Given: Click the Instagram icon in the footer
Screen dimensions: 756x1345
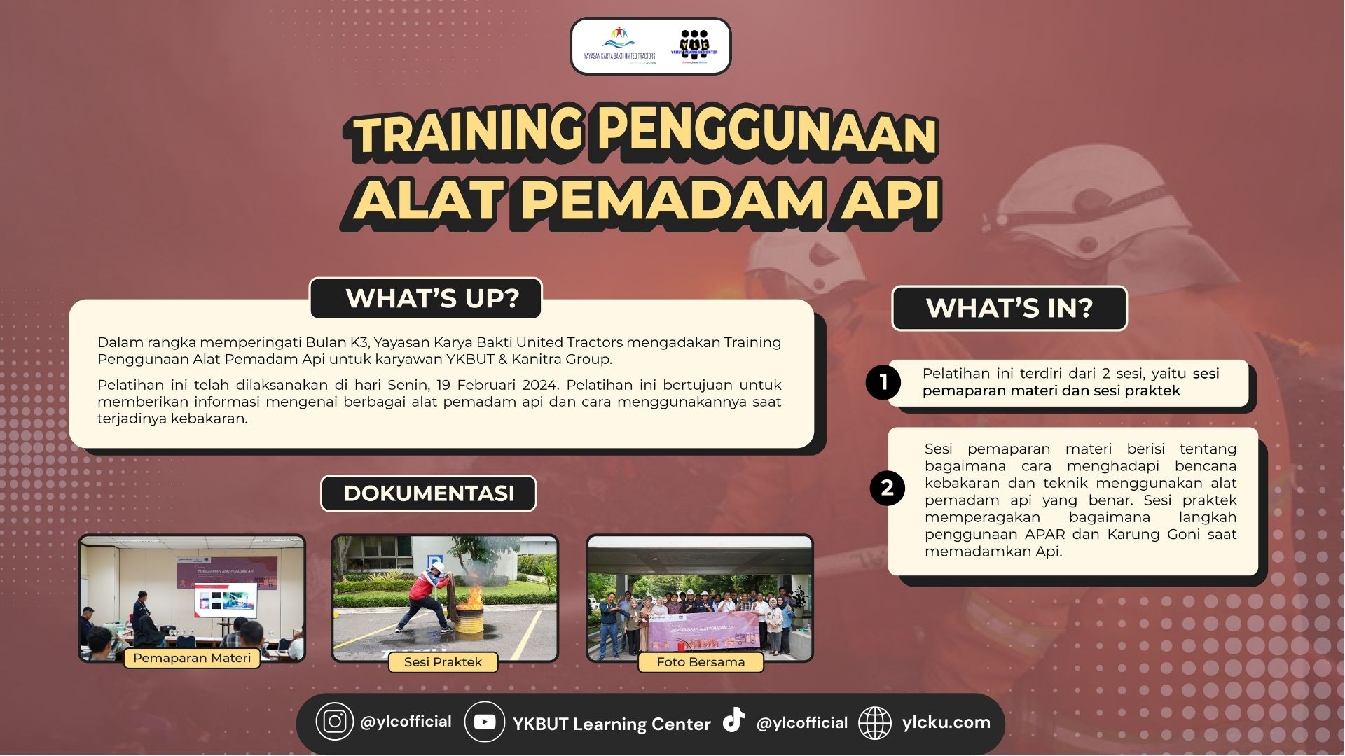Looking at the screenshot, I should point(334,722).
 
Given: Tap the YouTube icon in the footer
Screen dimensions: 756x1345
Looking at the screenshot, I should point(484,722).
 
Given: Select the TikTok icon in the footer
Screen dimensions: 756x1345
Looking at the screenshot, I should point(733,720).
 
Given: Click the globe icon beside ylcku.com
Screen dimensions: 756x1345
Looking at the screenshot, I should point(875,723).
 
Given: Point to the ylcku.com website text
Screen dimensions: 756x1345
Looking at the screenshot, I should point(946,722).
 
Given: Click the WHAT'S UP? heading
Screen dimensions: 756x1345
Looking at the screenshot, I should point(432,299).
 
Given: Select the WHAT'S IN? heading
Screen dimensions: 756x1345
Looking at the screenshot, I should point(1009,308).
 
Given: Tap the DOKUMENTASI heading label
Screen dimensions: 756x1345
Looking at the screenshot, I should point(429,493).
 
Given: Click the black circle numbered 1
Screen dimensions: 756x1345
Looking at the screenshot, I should point(883,382).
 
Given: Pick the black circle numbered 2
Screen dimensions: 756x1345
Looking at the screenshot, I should point(887,488).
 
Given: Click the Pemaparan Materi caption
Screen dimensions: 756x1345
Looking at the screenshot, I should point(192,658).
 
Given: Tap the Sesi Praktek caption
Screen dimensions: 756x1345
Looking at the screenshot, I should point(443,662).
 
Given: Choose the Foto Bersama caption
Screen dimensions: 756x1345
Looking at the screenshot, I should point(701,662).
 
